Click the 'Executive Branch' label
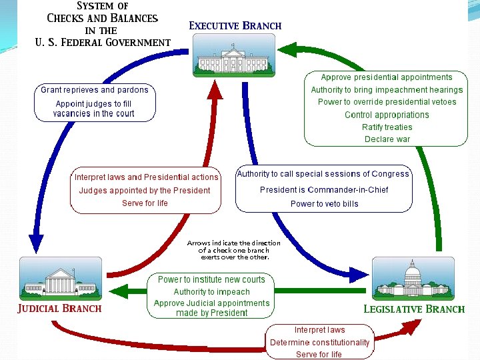[235, 26]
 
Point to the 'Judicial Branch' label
[59, 309]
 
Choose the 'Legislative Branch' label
[413, 309]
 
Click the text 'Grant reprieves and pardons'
[95, 90]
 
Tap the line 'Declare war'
[387, 139]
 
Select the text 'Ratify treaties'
[387, 127]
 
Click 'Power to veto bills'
[324, 204]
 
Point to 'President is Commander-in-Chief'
[324, 189]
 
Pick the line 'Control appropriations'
[387, 115]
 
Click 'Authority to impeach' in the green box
[211, 292]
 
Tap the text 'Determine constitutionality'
[319, 343]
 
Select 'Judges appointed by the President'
[145, 191]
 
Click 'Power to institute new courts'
[211, 279]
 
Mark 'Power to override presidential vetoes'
[387, 102]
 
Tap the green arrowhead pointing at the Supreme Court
[119, 291]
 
